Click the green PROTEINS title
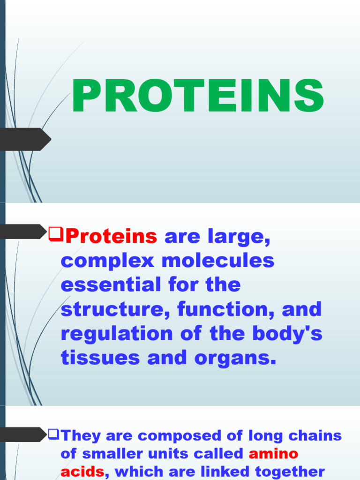pyautogui.click(x=197, y=97)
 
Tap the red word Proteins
pyautogui.click(x=112, y=237)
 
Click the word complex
pyautogui.click(x=107, y=261)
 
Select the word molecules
pyautogui.click(x=218, y=261)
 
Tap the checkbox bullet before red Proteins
pyautogui.click(x=56, y=232)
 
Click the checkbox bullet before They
pyautogui.click(x=53, y=435)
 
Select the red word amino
pyautogui.click(x=273, y=454)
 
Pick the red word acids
pyautogui.click(x=82, y=471)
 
